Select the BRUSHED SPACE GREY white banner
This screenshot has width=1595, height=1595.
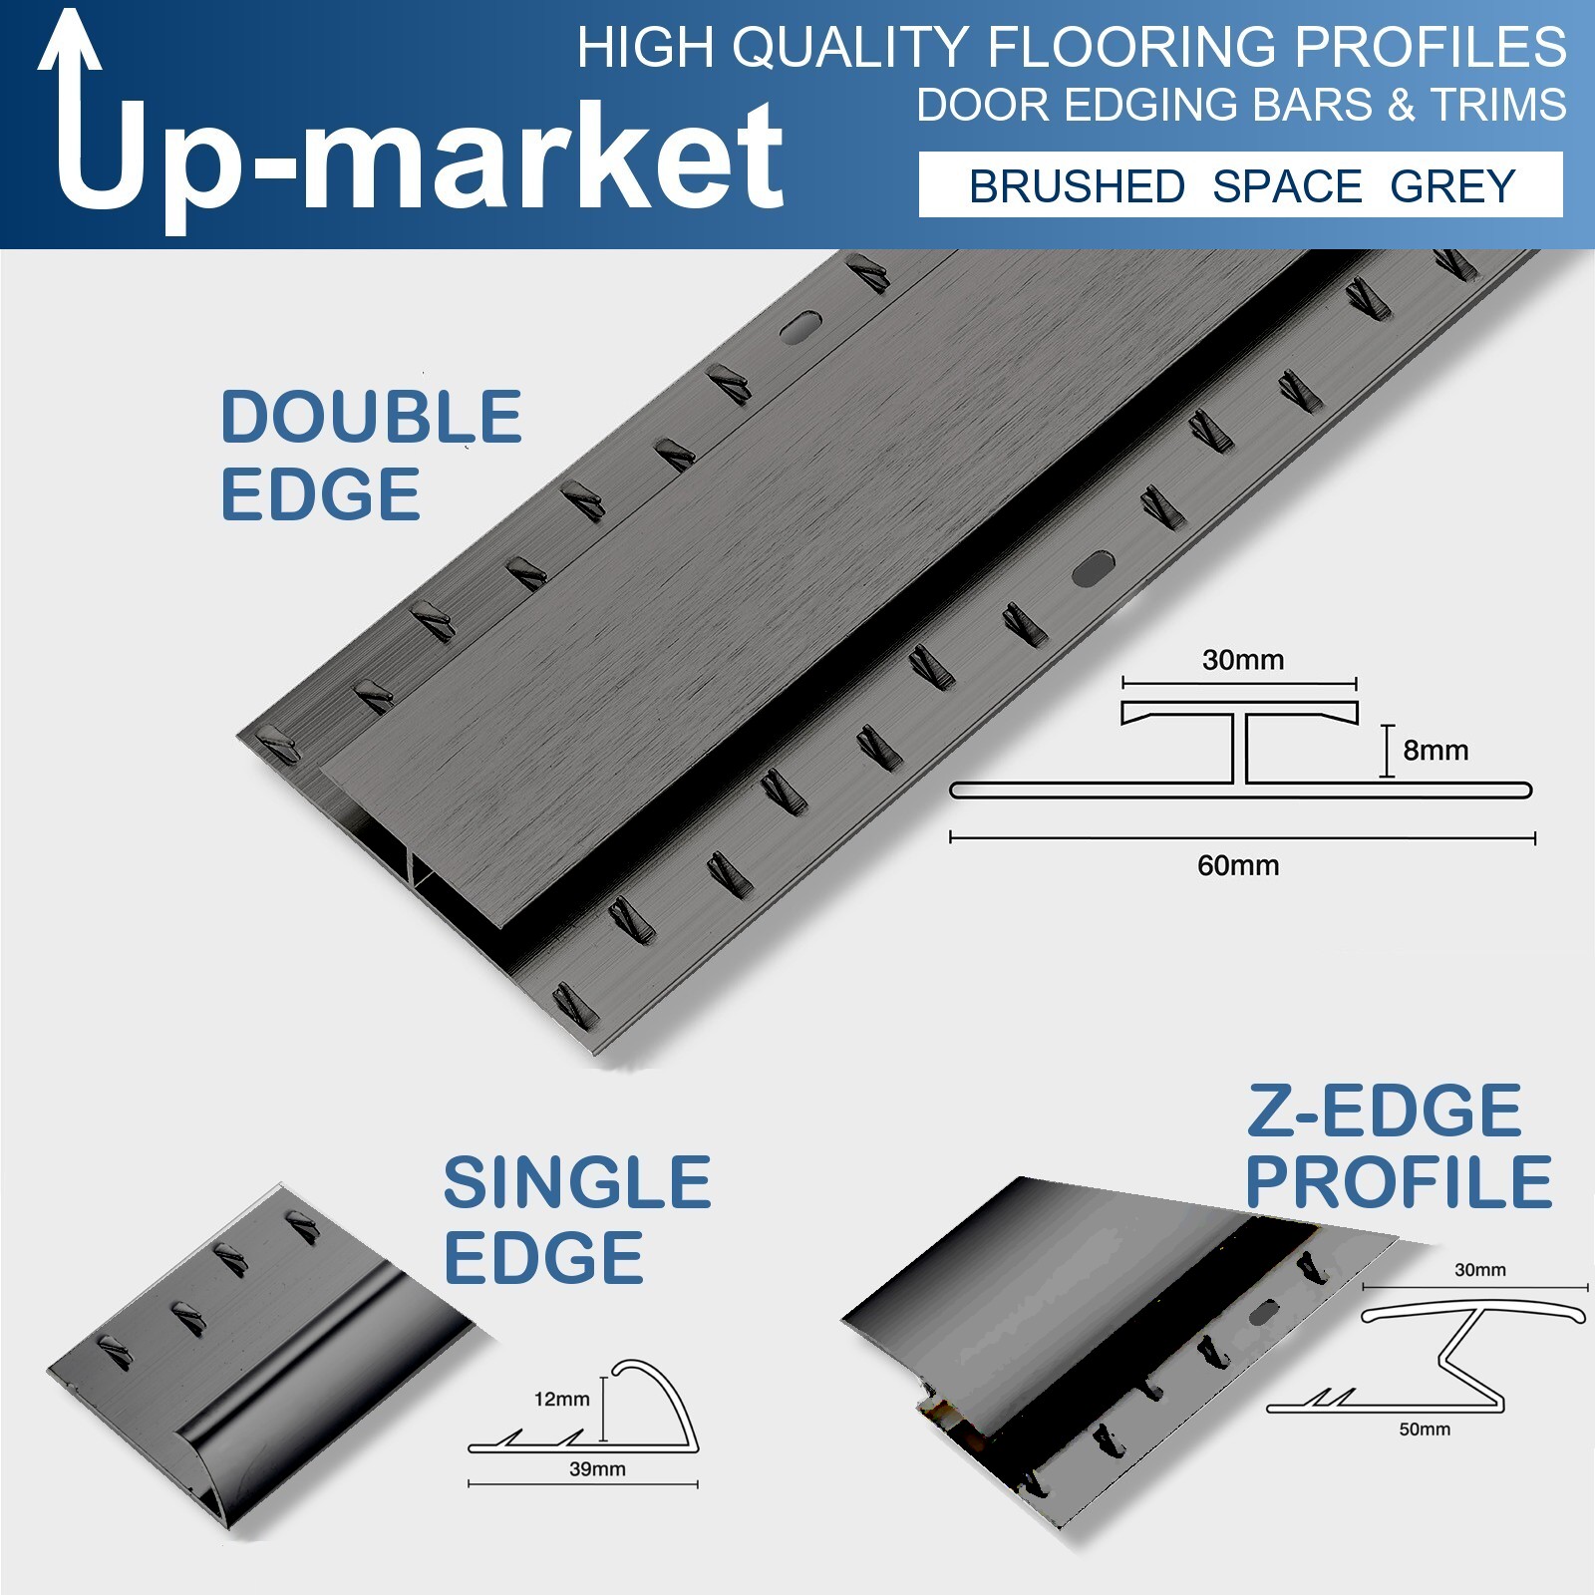[1240, 184]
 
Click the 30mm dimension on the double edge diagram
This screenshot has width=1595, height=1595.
[1242, 660]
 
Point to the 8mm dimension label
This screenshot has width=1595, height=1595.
[1435, 750]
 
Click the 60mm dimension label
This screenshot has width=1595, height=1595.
[1238, 865]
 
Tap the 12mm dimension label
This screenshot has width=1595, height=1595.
[561, 1399]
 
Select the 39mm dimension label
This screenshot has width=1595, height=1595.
[597, 1468]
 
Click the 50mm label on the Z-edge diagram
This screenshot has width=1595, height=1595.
[1425, 1430]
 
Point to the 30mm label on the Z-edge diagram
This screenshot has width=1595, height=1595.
[1480, 1270]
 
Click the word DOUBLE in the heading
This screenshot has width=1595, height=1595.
[371, 417]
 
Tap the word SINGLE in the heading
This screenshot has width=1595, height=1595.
[577, 1182]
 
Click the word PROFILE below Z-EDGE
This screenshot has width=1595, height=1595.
[1399, 1181]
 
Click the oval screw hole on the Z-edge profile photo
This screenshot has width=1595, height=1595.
[1263, 1312]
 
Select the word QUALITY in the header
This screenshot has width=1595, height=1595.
[851, 47]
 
